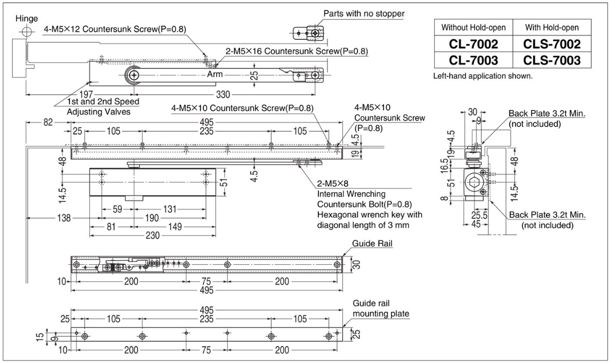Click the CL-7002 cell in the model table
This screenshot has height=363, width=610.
[x=472, y=44]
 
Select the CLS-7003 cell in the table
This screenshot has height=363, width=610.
[x=552, y=61]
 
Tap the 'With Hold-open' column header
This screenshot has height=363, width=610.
[x=552, y=27]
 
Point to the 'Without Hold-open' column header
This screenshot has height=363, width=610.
[x=472, y=27]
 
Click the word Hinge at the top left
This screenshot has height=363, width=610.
[x=26, y=18]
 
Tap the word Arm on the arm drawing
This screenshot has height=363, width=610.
[x=214, y=74]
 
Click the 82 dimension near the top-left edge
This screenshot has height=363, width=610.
[x=48, y=122]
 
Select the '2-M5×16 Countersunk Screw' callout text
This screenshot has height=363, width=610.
[x=296, y=51]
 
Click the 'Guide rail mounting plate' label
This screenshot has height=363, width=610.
[x=381, y=308]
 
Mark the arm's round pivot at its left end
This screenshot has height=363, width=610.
[x=135, y=75]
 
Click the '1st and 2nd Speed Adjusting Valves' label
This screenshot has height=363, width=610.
[x=103, y=107]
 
